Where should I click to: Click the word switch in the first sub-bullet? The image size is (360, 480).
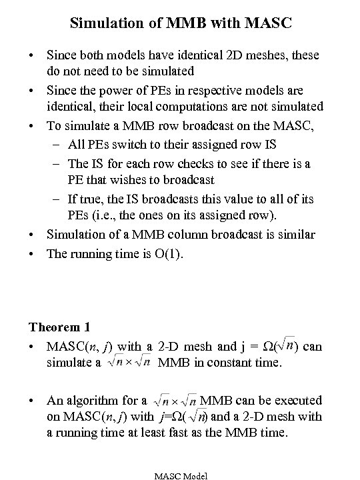coord(147,145)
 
